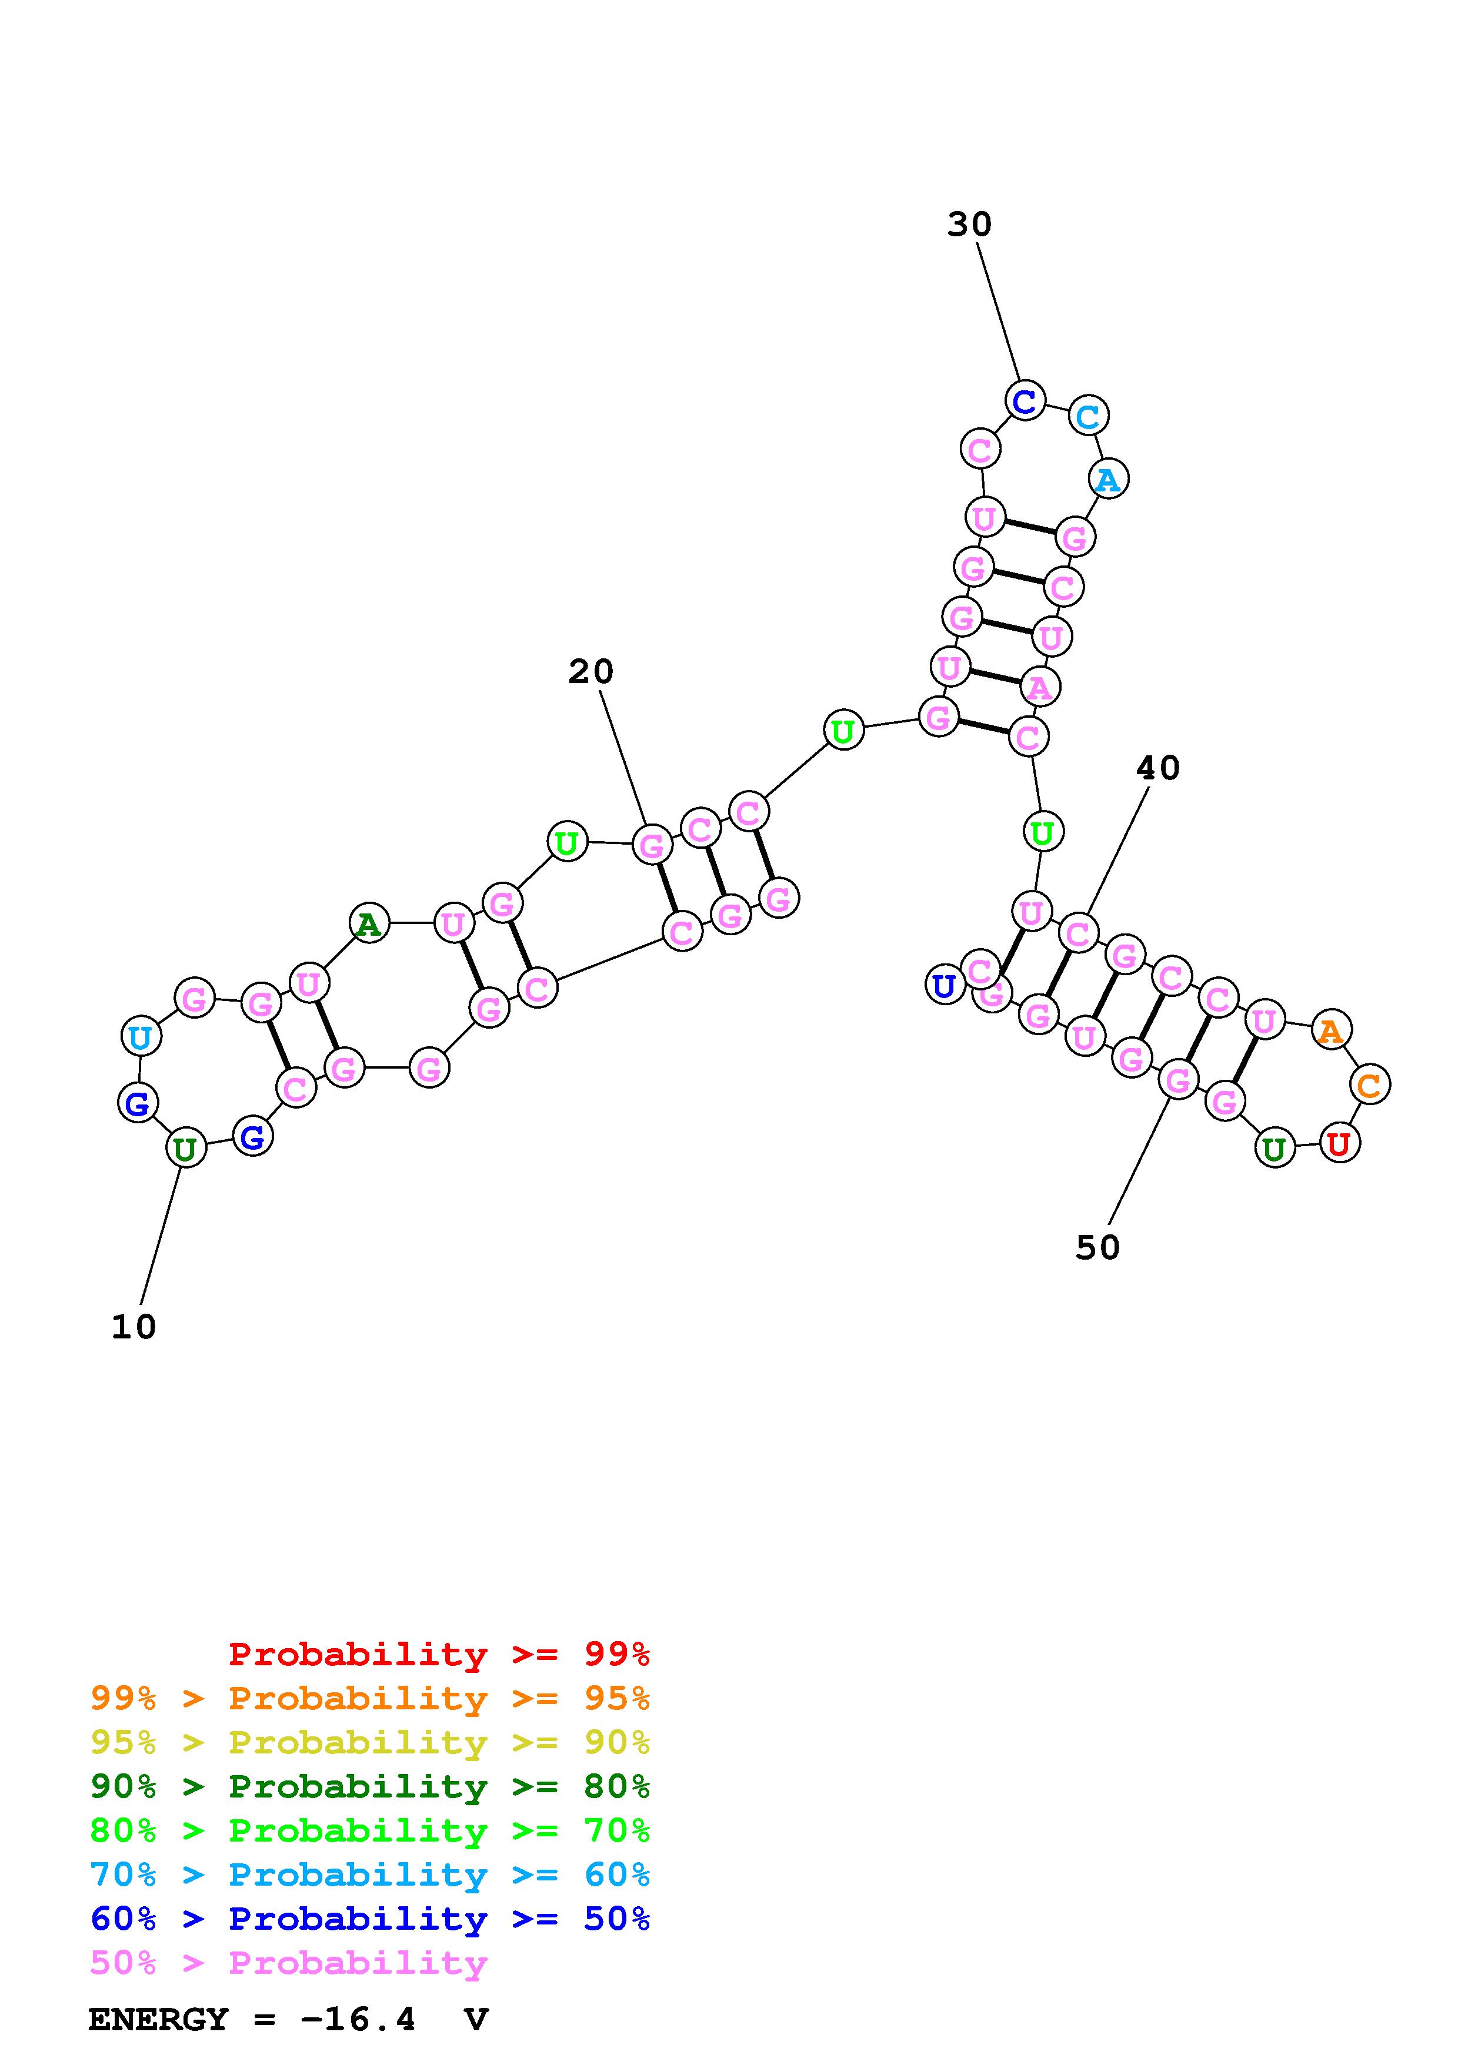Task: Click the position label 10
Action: pyautogui.click(x=134, y=1327)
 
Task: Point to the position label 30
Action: pyautogui.click(x=969, y=223)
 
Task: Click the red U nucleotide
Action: pyautogui.click(x=1339, y=1144)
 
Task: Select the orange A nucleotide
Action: pyautogui.click(x=1330, y=1030)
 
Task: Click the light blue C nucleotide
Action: pyautogui.click(x=1088, y=416)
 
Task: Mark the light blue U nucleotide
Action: pyautogui.click(x=140, y=1037)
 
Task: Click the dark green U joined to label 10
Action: pyautogui.click(x=185, y=1149)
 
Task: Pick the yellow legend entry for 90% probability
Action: pyautogui.click(x=370, y=1742)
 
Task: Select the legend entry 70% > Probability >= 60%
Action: pyautogui.click(x=370, y=1874)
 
